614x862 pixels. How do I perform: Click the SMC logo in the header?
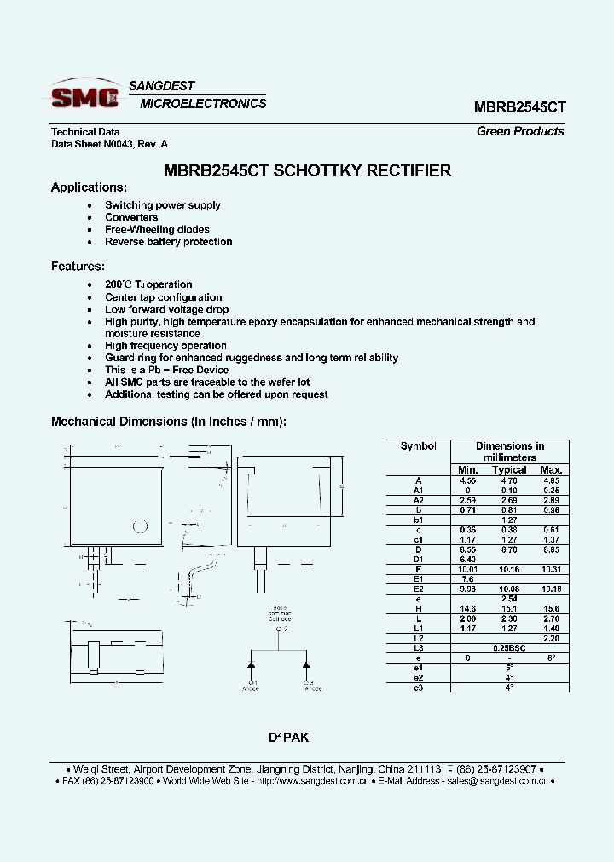(84, 98)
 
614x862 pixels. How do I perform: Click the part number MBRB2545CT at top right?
(519, 108)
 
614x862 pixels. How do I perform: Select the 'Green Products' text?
(520, 131)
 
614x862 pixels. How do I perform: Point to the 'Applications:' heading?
(89, 187)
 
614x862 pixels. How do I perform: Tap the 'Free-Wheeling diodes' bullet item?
(157, 229)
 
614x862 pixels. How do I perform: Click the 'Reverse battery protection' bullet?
(168, 242)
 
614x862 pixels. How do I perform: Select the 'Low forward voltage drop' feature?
(166, 309)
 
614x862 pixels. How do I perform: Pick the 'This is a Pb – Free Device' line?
(166, 370)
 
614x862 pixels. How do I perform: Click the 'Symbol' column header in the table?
(418, 446)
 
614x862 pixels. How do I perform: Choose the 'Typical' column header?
(509, 469)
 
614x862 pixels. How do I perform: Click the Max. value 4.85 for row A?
(551, 480)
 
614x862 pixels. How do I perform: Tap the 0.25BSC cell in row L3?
(509, 648)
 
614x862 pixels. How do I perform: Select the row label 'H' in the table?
(418, 610)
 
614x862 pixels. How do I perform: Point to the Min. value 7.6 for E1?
(467, 578)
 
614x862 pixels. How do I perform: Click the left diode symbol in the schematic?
(253, 662)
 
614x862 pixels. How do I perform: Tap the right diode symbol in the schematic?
(306, 662)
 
